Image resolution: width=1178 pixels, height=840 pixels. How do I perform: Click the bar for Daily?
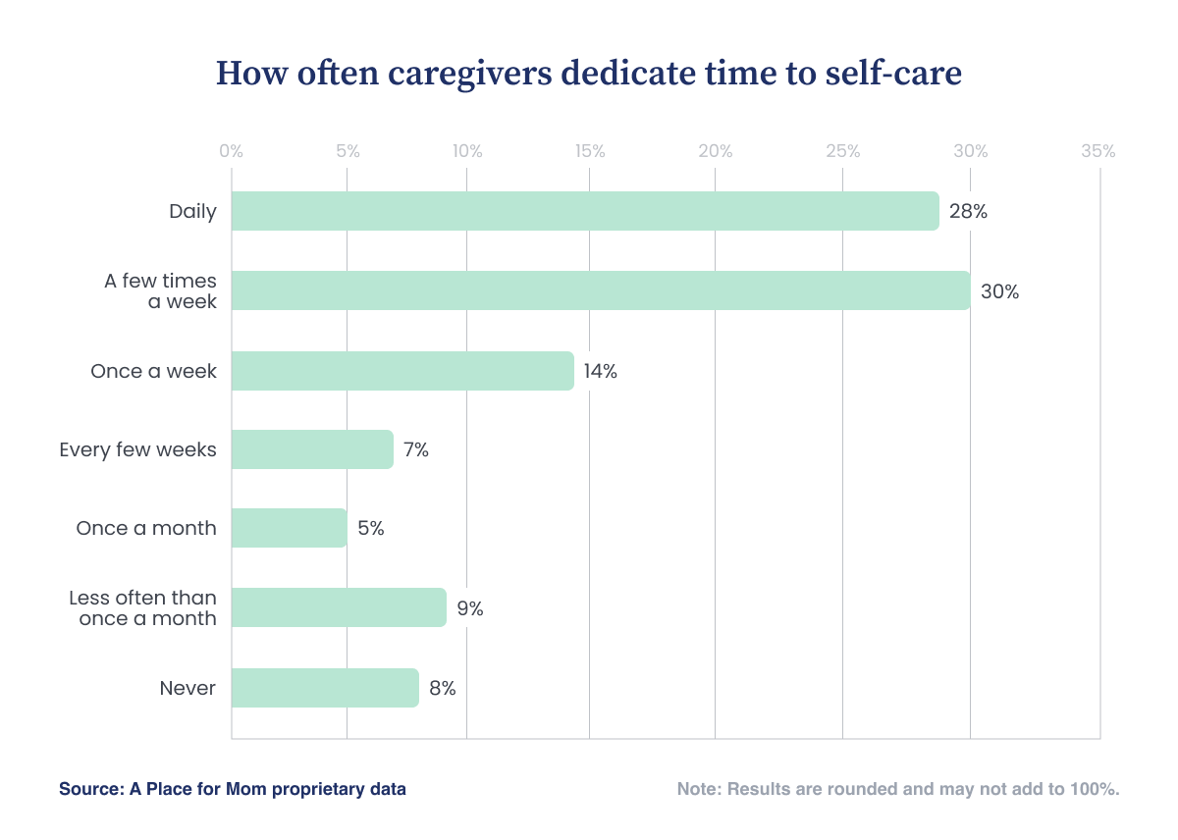click(585, 211)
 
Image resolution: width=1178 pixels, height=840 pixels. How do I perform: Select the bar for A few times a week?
click(601, 290)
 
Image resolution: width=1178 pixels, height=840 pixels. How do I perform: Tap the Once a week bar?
click(402, 371)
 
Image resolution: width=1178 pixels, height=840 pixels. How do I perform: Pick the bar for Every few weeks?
click(312, 449)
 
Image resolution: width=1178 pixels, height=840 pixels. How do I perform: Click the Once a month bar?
click(290, 528)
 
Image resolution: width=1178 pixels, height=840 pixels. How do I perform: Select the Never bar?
click(325, 688)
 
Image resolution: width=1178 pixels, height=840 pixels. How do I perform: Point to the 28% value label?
click(968, 211)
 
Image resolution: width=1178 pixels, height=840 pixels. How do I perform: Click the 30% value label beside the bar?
click(999, 291)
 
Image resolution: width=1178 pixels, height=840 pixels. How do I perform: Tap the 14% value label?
click(600, 371)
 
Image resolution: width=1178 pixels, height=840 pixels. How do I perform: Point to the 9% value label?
click(470, 608)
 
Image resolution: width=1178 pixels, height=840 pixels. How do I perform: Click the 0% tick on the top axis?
click(231, 151)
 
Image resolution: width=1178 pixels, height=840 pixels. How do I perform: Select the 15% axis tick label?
click(590, 151)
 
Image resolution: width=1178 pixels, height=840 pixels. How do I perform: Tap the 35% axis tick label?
click(1098, 151)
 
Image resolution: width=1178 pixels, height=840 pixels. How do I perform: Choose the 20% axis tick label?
click(716, 151)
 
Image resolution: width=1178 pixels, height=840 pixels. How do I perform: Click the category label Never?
click(187, 688)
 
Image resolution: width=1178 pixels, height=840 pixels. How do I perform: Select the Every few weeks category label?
click(137, 450)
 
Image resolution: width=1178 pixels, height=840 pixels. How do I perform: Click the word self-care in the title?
click(893, 73)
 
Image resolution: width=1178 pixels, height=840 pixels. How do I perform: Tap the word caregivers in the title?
click(470, 75)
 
